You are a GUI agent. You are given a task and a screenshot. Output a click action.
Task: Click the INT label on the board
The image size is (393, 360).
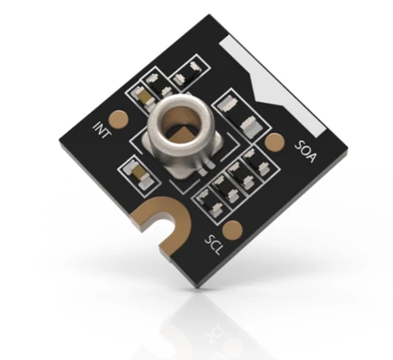coord(102,130)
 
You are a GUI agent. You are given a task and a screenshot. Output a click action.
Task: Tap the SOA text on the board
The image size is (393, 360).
coord(305,152)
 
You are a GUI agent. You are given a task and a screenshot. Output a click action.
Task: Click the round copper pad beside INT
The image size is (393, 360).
coord(119,119)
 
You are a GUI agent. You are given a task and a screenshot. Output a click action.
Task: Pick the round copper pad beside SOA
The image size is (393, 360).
coord(275,143)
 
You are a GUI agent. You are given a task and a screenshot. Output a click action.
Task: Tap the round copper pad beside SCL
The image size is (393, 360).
coord(232,230)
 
